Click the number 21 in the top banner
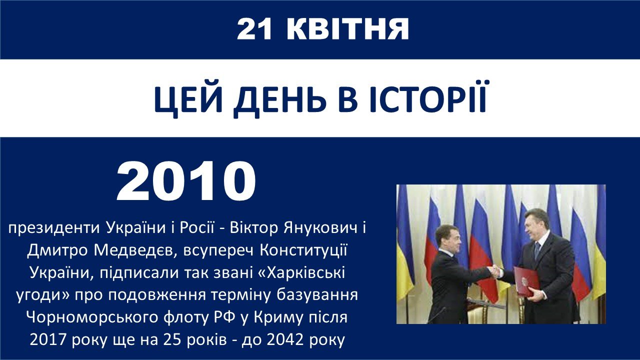click(x=254, y=29)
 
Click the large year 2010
click(x=186, y=181)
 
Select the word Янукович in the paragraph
click(x=320, y=228)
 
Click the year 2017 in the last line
click(x=47, y=340)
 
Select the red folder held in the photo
click(x=526, y=281)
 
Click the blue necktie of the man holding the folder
click(x=537, y=250)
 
